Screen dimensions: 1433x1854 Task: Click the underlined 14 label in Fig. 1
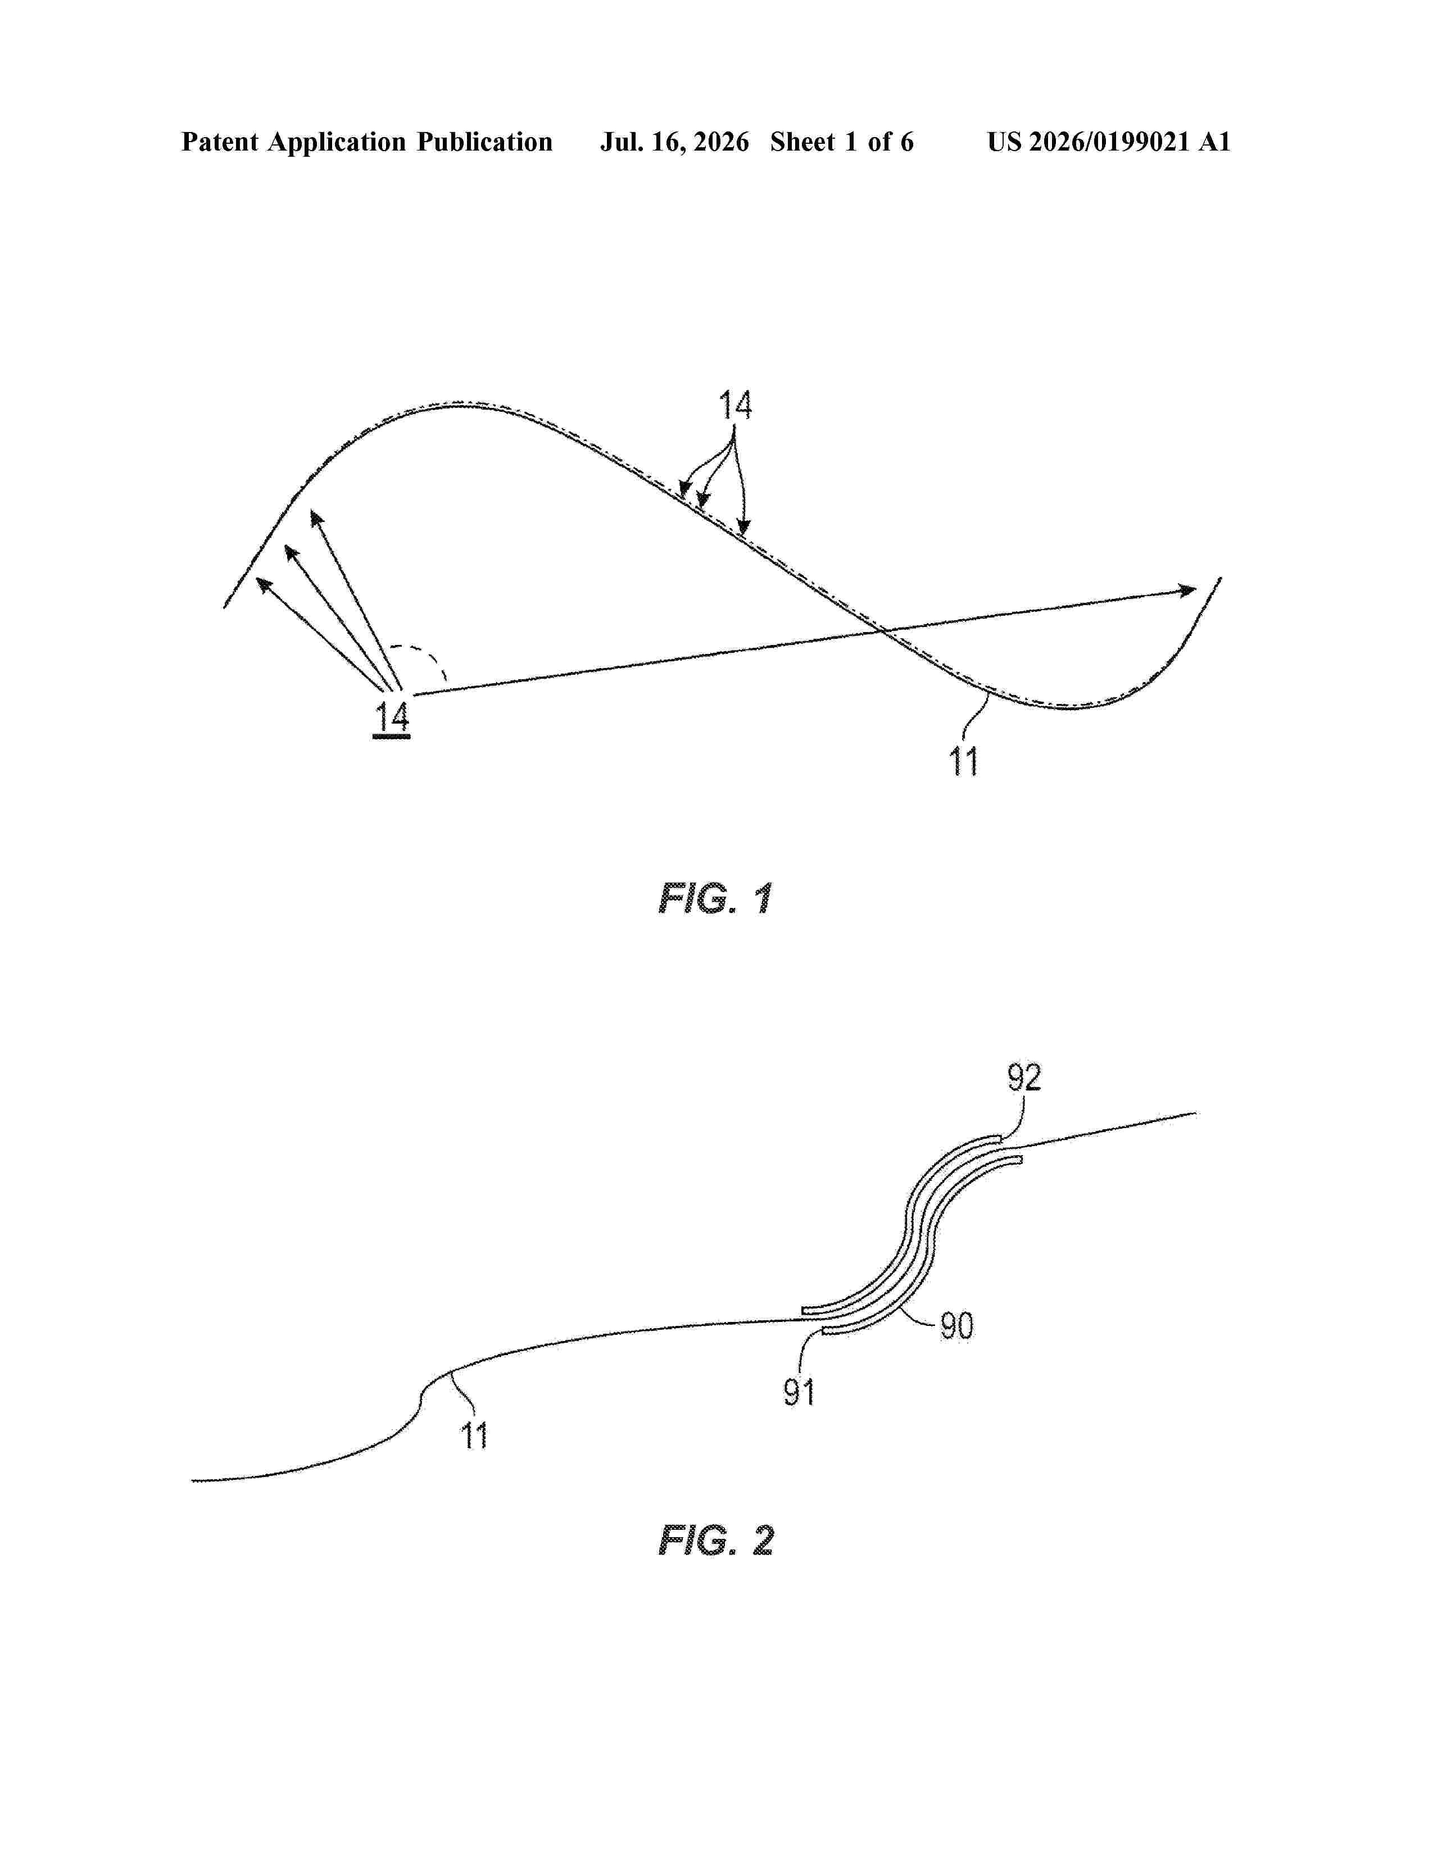pyautogui.click(x=391, y=719)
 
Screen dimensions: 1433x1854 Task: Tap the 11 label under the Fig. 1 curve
pyautogui.click(x=964, y=761)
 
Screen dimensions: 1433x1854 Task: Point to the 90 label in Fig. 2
pyautogui.click(x=957, y=1326)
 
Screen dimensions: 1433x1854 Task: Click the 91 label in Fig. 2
pyautogui.click(x=799, y=1392)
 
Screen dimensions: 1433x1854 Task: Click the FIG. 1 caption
pyautogui.click(x=715, y=898)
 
